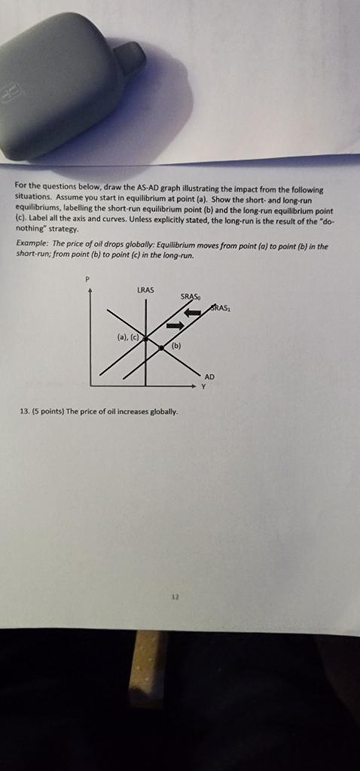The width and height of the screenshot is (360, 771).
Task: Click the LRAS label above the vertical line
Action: (146, 289)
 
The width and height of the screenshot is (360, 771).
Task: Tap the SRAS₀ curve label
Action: (191, 296)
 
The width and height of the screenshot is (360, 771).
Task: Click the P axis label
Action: (87, 279)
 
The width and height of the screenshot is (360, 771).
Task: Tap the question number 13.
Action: (25, 411)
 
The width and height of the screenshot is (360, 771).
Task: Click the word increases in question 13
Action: (130, 411)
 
